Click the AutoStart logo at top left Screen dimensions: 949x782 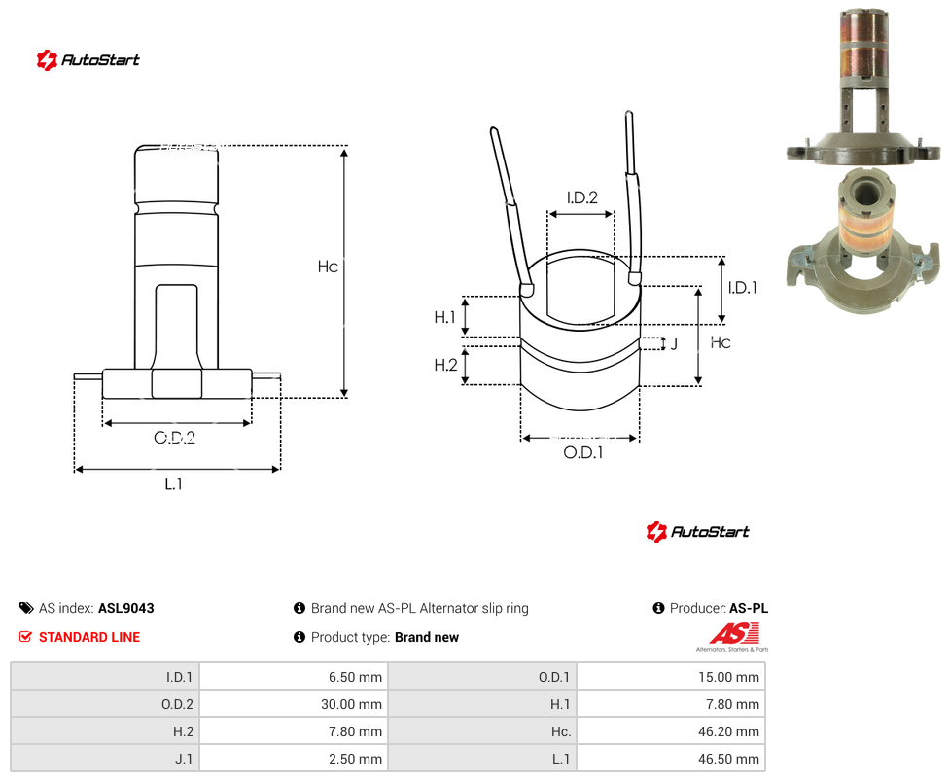coord(88,60)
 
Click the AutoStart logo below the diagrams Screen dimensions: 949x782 coord(698,531)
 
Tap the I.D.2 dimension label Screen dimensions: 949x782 coord(581,197)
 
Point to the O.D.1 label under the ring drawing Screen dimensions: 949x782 coord(582,452)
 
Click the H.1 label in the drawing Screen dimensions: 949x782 coord(444,317)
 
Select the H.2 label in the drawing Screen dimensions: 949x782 coord(445,365)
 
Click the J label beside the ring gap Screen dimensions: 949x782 coord(674,343)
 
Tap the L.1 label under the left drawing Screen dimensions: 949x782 coord(173,483)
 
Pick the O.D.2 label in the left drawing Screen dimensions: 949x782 coord(174,437)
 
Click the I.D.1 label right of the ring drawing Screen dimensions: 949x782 coord(742,288)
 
